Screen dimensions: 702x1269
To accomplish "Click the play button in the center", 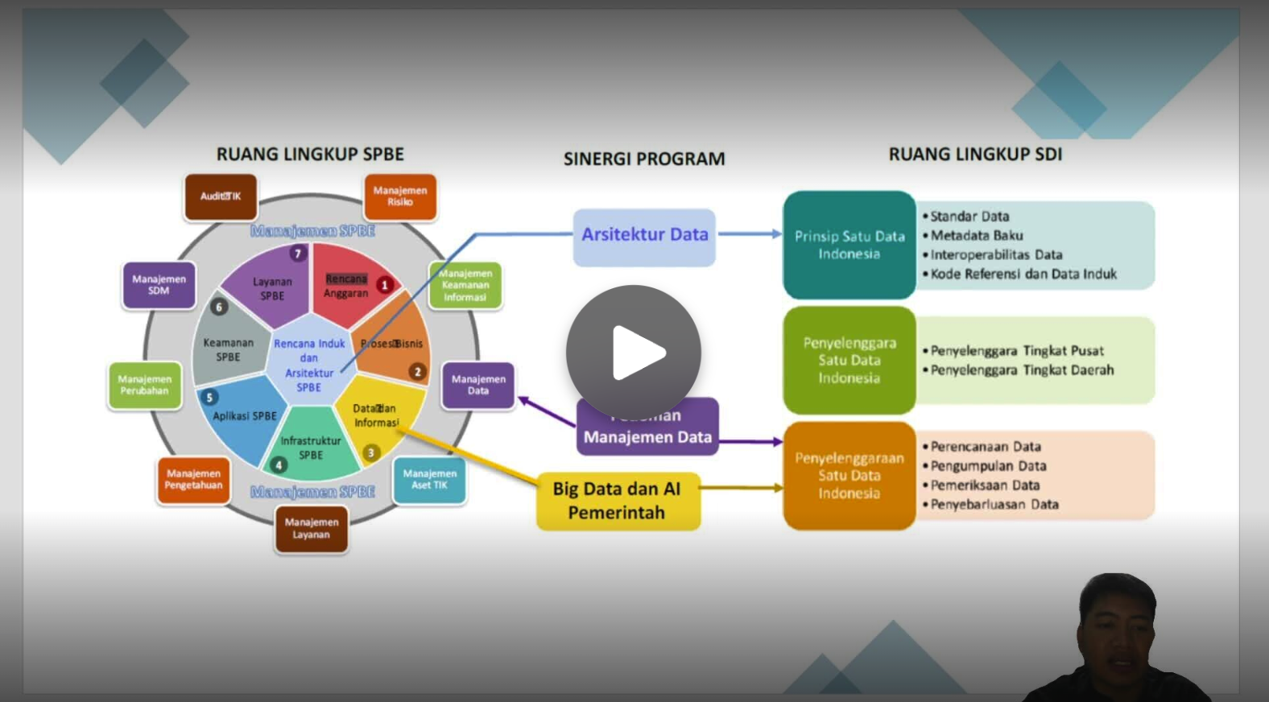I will point(634,353).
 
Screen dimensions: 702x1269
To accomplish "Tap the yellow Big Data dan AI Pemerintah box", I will point(618,501).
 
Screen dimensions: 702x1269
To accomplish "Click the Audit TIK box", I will point(220,196).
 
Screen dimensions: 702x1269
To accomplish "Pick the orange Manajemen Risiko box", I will point(400,196).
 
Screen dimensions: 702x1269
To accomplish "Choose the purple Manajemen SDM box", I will point(159,285).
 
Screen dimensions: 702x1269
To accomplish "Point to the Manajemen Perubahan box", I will point(145,386).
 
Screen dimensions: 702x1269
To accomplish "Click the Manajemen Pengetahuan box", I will point(193,480).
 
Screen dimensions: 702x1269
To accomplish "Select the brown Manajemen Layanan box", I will point(312,529).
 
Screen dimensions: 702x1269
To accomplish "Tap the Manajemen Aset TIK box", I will point(429,480).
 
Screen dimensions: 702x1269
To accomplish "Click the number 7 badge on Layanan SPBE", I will point(298,254).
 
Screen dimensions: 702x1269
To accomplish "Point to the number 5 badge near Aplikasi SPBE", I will point(209,397).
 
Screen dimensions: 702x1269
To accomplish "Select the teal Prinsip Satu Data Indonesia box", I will point(849,245).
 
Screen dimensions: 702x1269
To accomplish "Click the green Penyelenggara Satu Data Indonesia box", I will point(849,360).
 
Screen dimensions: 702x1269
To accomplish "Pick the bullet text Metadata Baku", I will point(976,236).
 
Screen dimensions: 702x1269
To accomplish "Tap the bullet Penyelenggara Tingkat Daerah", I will point(1022,370).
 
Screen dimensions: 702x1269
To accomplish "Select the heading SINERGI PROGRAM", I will point(644,159).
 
